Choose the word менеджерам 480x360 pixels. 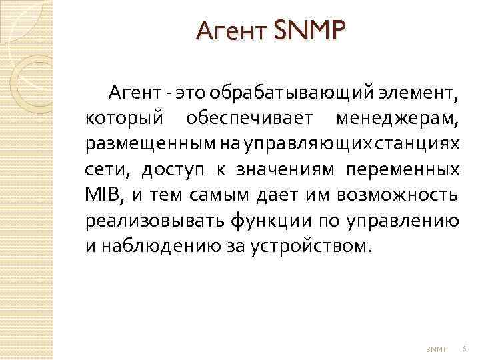coord(397,119)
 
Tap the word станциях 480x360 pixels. coord(425,144)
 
